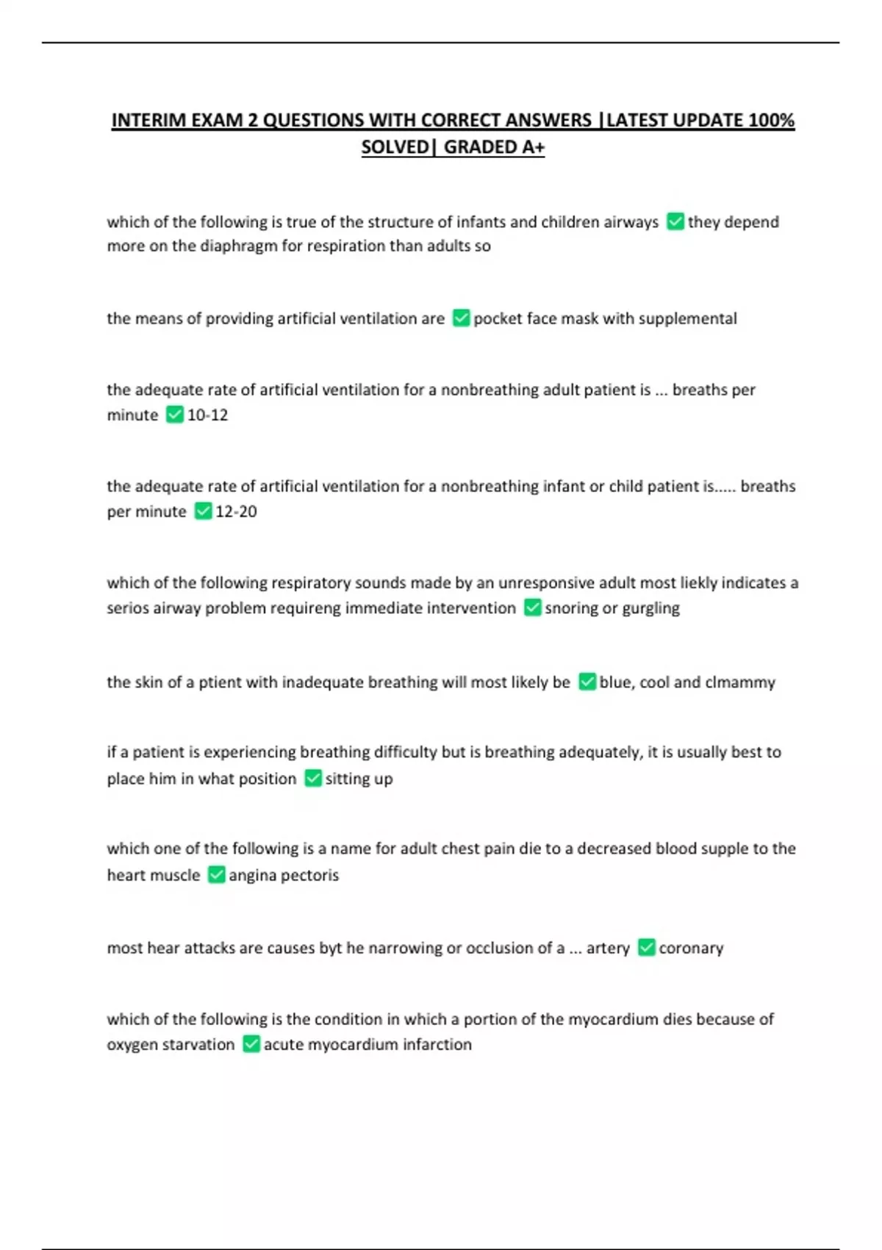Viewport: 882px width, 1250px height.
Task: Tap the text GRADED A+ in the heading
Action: [x=494, y=147]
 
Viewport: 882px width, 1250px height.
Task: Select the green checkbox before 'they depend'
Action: [x=675, y=221]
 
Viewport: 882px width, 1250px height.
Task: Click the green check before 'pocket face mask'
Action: [x=461, y=318]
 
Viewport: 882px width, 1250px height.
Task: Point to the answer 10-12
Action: [x=207, y=415]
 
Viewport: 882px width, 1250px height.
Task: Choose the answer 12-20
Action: [x=236, y=511]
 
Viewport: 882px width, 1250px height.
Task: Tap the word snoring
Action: [x=570, y=608]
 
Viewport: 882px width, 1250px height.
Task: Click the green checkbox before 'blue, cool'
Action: [x=587, y=682]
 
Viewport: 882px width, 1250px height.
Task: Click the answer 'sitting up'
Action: [x=359, y=779]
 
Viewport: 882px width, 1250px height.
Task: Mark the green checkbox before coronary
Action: [x=646, y=947]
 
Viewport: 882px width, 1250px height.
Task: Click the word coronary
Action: [x=691, y=948]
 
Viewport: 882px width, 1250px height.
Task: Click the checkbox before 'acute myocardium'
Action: [x=251, y=1044]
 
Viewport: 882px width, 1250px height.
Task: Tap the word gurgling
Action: [x=650, y=608]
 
